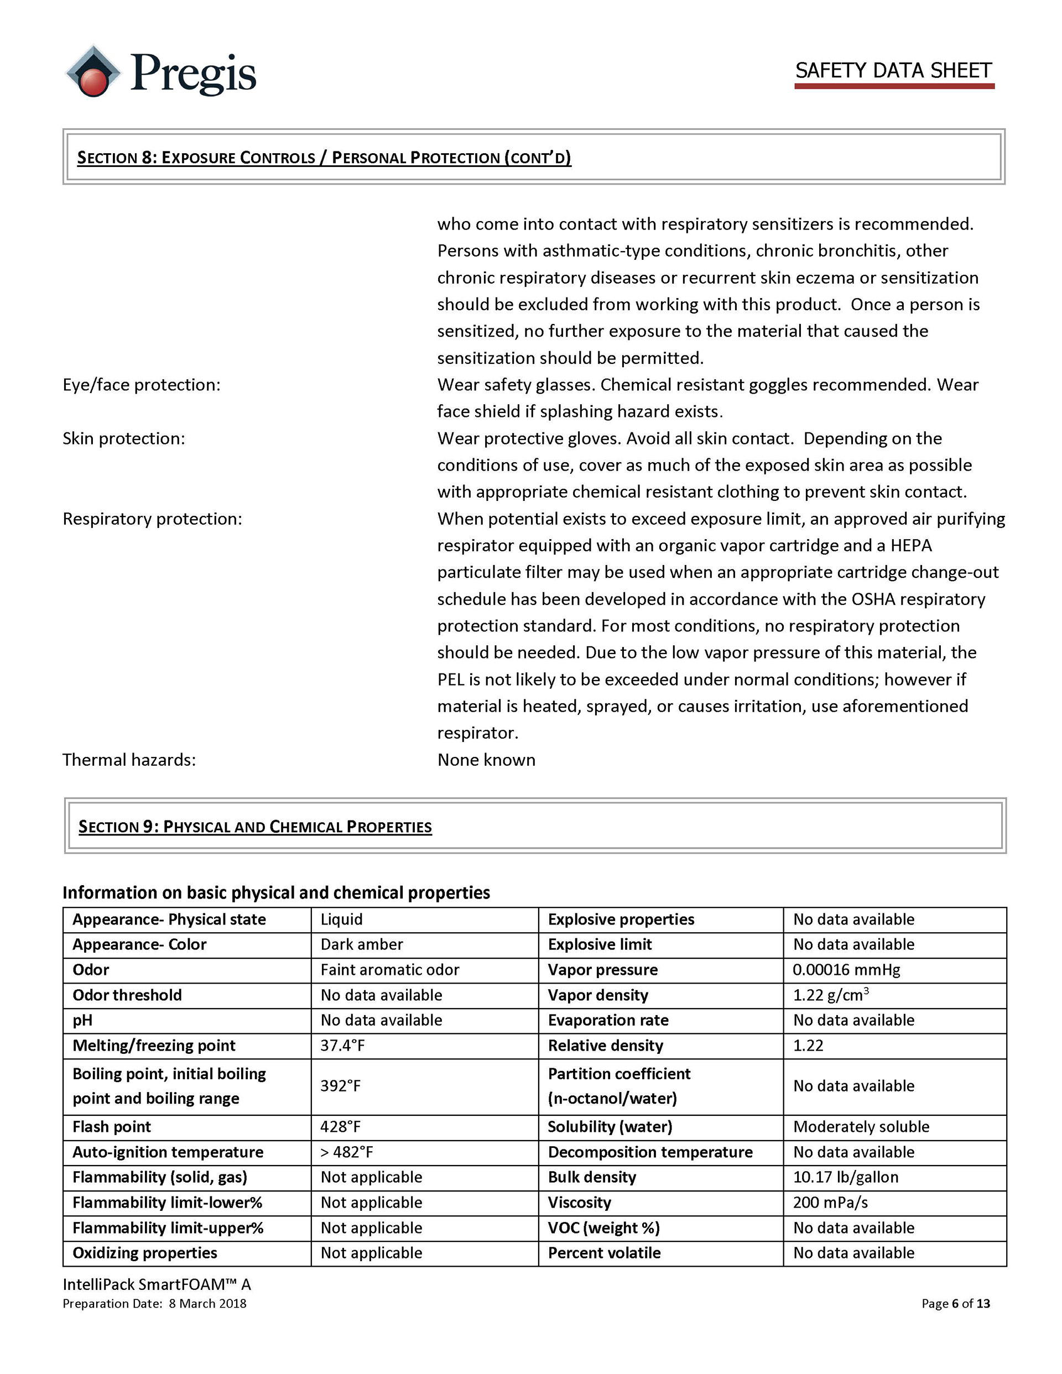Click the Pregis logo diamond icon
coord(93,71)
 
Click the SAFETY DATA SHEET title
coord(893,70)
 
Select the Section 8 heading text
coord(324,157)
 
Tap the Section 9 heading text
coord(255,826)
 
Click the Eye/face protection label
coord(142,384)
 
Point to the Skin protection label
coord(124,438)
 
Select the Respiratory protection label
coord(152,519)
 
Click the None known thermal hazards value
coord(486,759)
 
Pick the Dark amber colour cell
coord(361,944)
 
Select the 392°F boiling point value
coord(341,1085)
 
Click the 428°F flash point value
coord(341,1126)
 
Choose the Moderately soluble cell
coord(861,1126)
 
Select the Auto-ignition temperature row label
coord(168,1152)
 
